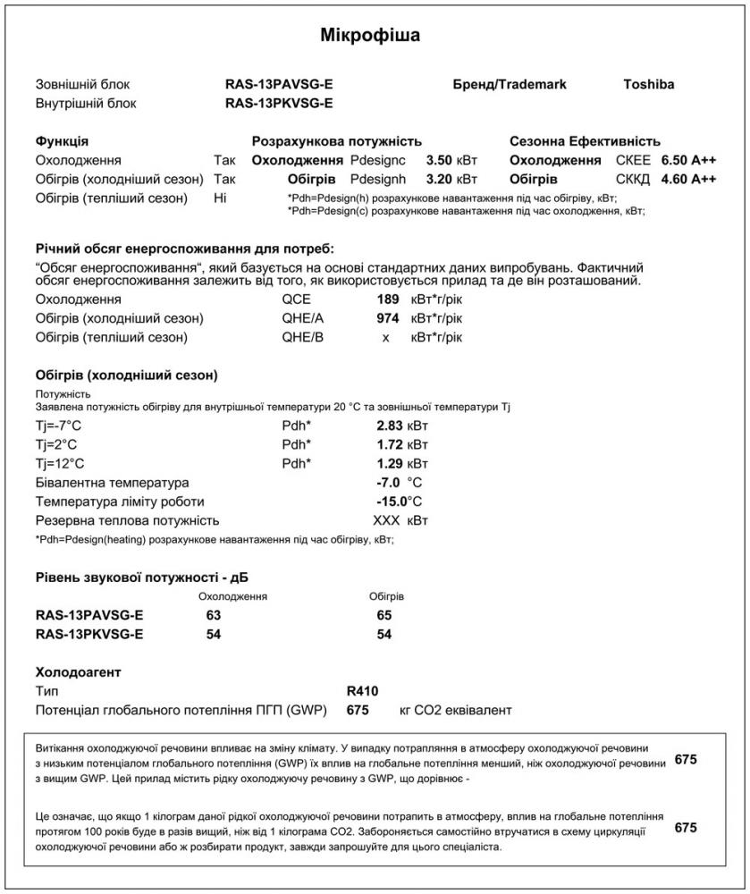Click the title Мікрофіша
(370, 36)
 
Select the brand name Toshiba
(648, 85)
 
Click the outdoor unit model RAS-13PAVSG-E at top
(279, 85)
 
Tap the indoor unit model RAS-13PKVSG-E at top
(279, 103)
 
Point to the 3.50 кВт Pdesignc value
(451, 161)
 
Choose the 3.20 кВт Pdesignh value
(451, 180)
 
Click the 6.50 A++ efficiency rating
(688, 161)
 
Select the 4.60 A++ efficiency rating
(688, 180)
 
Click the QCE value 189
(387, 299)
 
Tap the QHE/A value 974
(387, 318)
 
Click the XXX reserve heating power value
(385, 520)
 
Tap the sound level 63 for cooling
(213, 616)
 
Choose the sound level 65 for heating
(384, 616)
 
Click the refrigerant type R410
(362, 691)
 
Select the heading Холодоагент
(78, 672)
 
